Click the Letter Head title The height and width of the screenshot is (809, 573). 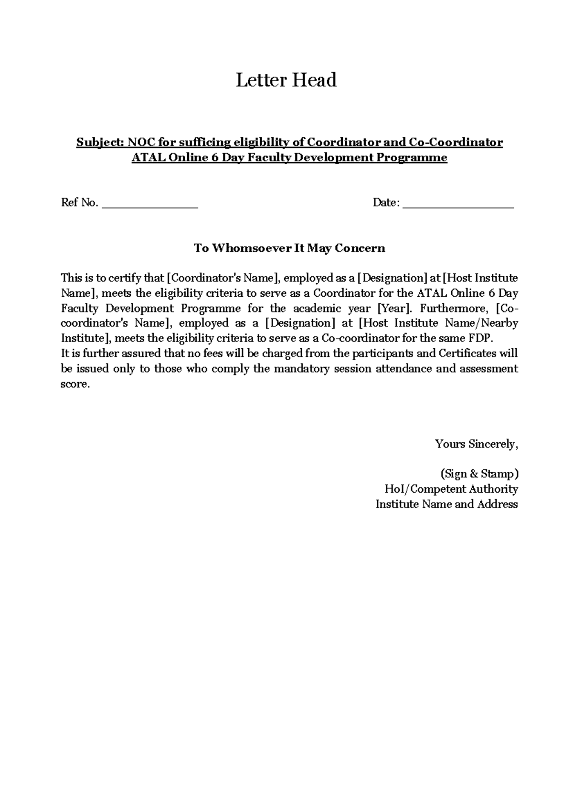coord(286,80)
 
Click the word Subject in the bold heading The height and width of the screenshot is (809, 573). coord(99,142)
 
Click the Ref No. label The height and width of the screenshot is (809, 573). coord(79,203)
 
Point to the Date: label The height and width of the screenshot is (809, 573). coord(386,203)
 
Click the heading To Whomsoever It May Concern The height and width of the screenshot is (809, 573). coord(289,248)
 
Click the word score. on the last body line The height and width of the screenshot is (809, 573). coord(75,384)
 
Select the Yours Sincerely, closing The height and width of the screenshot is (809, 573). coord(476,444)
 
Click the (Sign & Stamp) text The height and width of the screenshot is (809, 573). coord(479,474)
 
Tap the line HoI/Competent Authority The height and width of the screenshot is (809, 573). coord(451,489)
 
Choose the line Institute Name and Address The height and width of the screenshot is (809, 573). coord(446,504)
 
